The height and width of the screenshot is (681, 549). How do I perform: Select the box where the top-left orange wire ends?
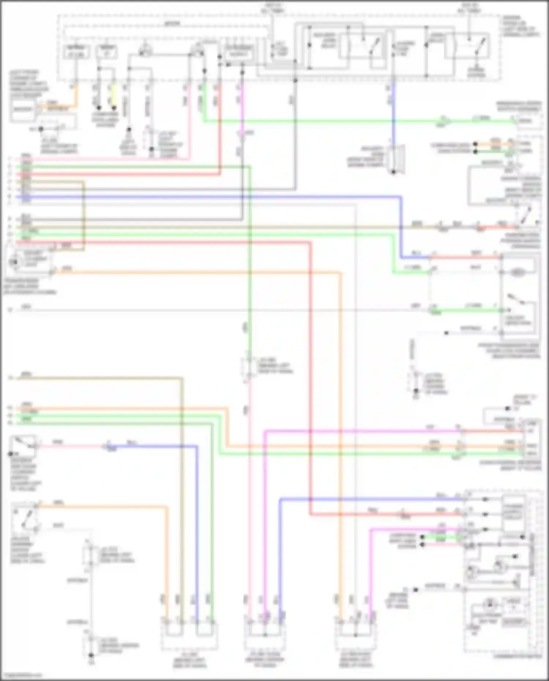(x=23, y=109)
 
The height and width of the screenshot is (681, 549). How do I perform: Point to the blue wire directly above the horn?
(x=393, y=113)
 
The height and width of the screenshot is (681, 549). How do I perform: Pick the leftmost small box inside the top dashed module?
(x=76, y=52)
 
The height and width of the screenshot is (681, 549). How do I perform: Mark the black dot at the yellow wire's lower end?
(x=114, y=108)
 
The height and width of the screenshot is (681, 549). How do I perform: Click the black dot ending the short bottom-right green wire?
(x=422, y=537)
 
